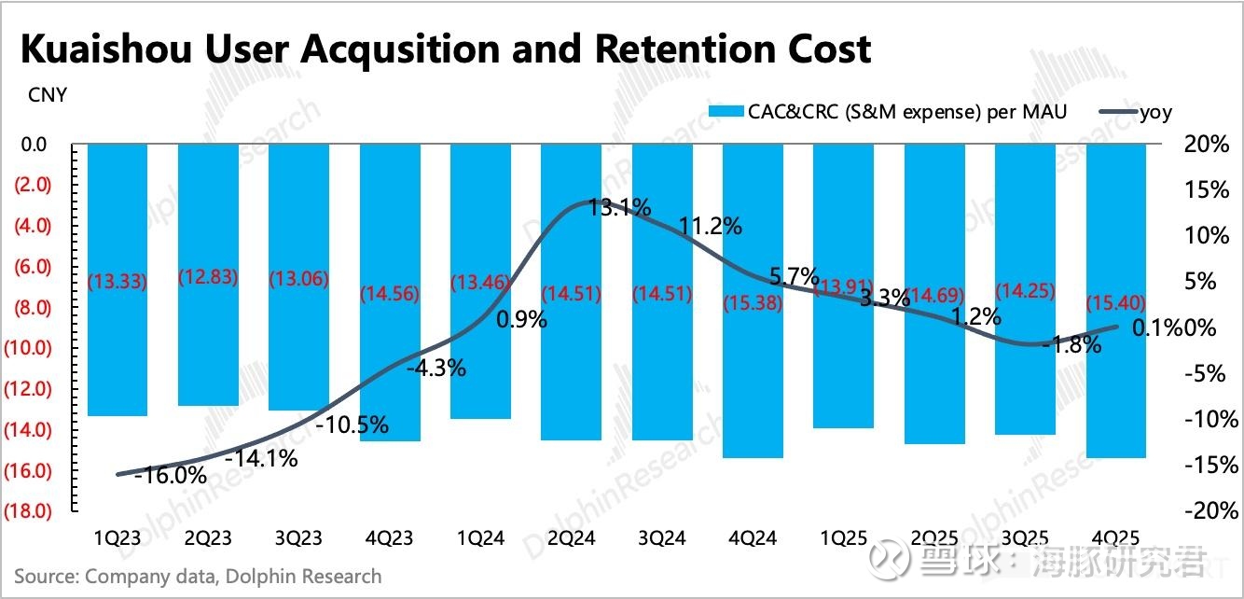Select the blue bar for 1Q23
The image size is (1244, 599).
click(x=117, y=280)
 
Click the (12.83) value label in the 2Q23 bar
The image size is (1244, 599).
click(x=207, y=277)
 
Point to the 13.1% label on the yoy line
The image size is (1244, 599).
click(x=619, y=207)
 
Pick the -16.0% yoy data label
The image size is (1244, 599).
click(x=170, y=474)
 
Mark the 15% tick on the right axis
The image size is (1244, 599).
click(x=1207, y=189)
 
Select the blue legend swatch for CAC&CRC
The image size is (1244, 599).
click(x=725, y=112)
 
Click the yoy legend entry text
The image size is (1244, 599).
click(x=1155, y=112)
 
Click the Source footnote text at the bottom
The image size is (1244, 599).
click(x=198, y=576)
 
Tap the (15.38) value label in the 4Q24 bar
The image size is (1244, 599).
click(x=753, y=302)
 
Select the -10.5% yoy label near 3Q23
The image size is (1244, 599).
click(x=352, y=425)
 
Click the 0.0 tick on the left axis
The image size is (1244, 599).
click(x=34, y=145)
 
